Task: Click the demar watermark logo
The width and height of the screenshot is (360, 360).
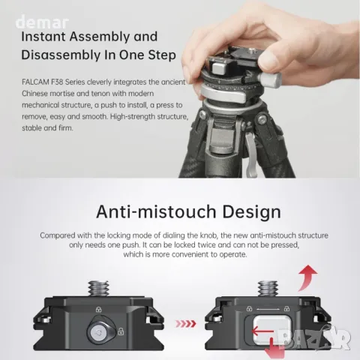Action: (x=42, y=22)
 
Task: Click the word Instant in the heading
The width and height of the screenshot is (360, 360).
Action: (x=43, y=37)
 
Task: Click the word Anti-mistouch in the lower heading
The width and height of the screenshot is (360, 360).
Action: (x=156, y=211)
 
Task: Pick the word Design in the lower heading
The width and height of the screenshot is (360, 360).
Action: (x=251, y=212)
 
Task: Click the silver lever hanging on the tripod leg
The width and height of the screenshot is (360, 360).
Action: (x=251, y=154)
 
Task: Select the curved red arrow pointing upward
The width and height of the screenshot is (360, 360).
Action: (x=307, y=278)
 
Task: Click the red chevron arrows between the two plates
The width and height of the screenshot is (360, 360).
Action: (x=186, y=324)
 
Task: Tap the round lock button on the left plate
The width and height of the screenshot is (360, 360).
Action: (x=98, y=332)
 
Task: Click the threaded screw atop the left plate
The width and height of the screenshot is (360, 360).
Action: (x=98, y=289)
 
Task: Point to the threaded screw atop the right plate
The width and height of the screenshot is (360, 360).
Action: (x=268, y=289)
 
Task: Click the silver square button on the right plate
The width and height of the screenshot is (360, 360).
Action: (x=271, y=331)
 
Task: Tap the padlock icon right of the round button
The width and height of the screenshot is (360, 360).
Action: (x=121, y=331)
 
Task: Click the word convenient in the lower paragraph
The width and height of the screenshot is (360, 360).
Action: (x=196, y=254)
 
